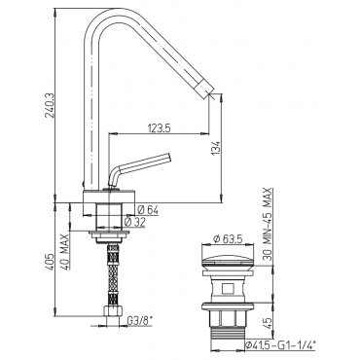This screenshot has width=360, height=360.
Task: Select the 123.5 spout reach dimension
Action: click(160, 128)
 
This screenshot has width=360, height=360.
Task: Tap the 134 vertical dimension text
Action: click(217, 148)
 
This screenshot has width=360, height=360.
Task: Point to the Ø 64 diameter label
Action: click(148, 210)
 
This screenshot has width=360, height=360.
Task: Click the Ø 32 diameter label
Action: click(135, 222)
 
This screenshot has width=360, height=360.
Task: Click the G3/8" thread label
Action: click(140, 321)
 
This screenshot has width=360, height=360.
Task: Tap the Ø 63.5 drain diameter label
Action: click(228, 239)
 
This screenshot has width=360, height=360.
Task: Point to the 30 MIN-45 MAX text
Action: click(268, 225)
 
